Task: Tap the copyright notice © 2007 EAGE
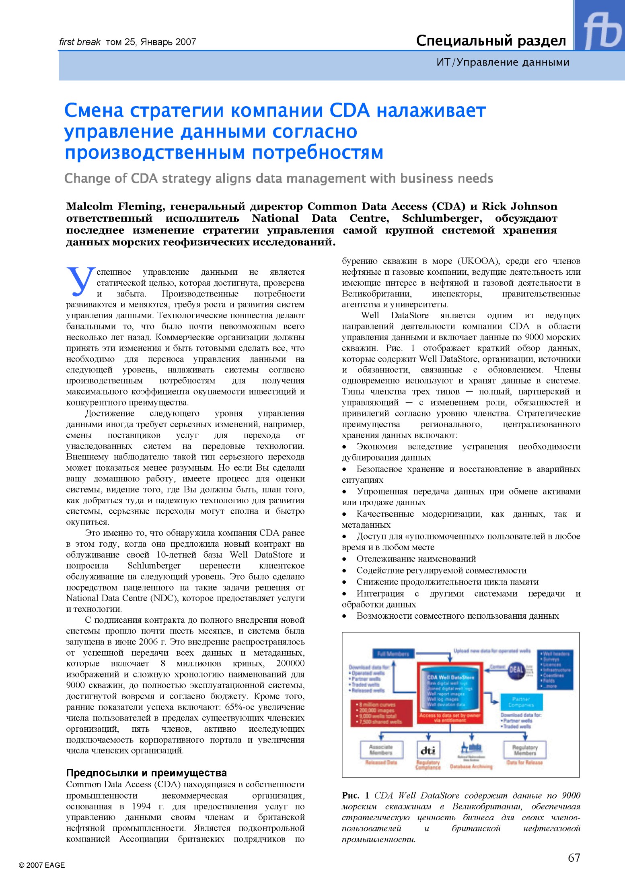coord(42,865)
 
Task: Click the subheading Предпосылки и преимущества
coord(146,772)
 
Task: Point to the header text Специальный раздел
coord(491,41)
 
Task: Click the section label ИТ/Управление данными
coord(503,62)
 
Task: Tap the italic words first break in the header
coord(80,42)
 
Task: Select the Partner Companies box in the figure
coord(521,702)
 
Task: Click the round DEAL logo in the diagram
coord(516,670)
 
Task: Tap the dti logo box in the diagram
coord(428,751)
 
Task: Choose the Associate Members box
coord(381,750)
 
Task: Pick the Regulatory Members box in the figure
coord(525,750)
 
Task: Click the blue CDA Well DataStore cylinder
coord(450,689)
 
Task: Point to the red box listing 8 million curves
coord(381,713)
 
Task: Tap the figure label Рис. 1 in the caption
coord(356,795)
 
